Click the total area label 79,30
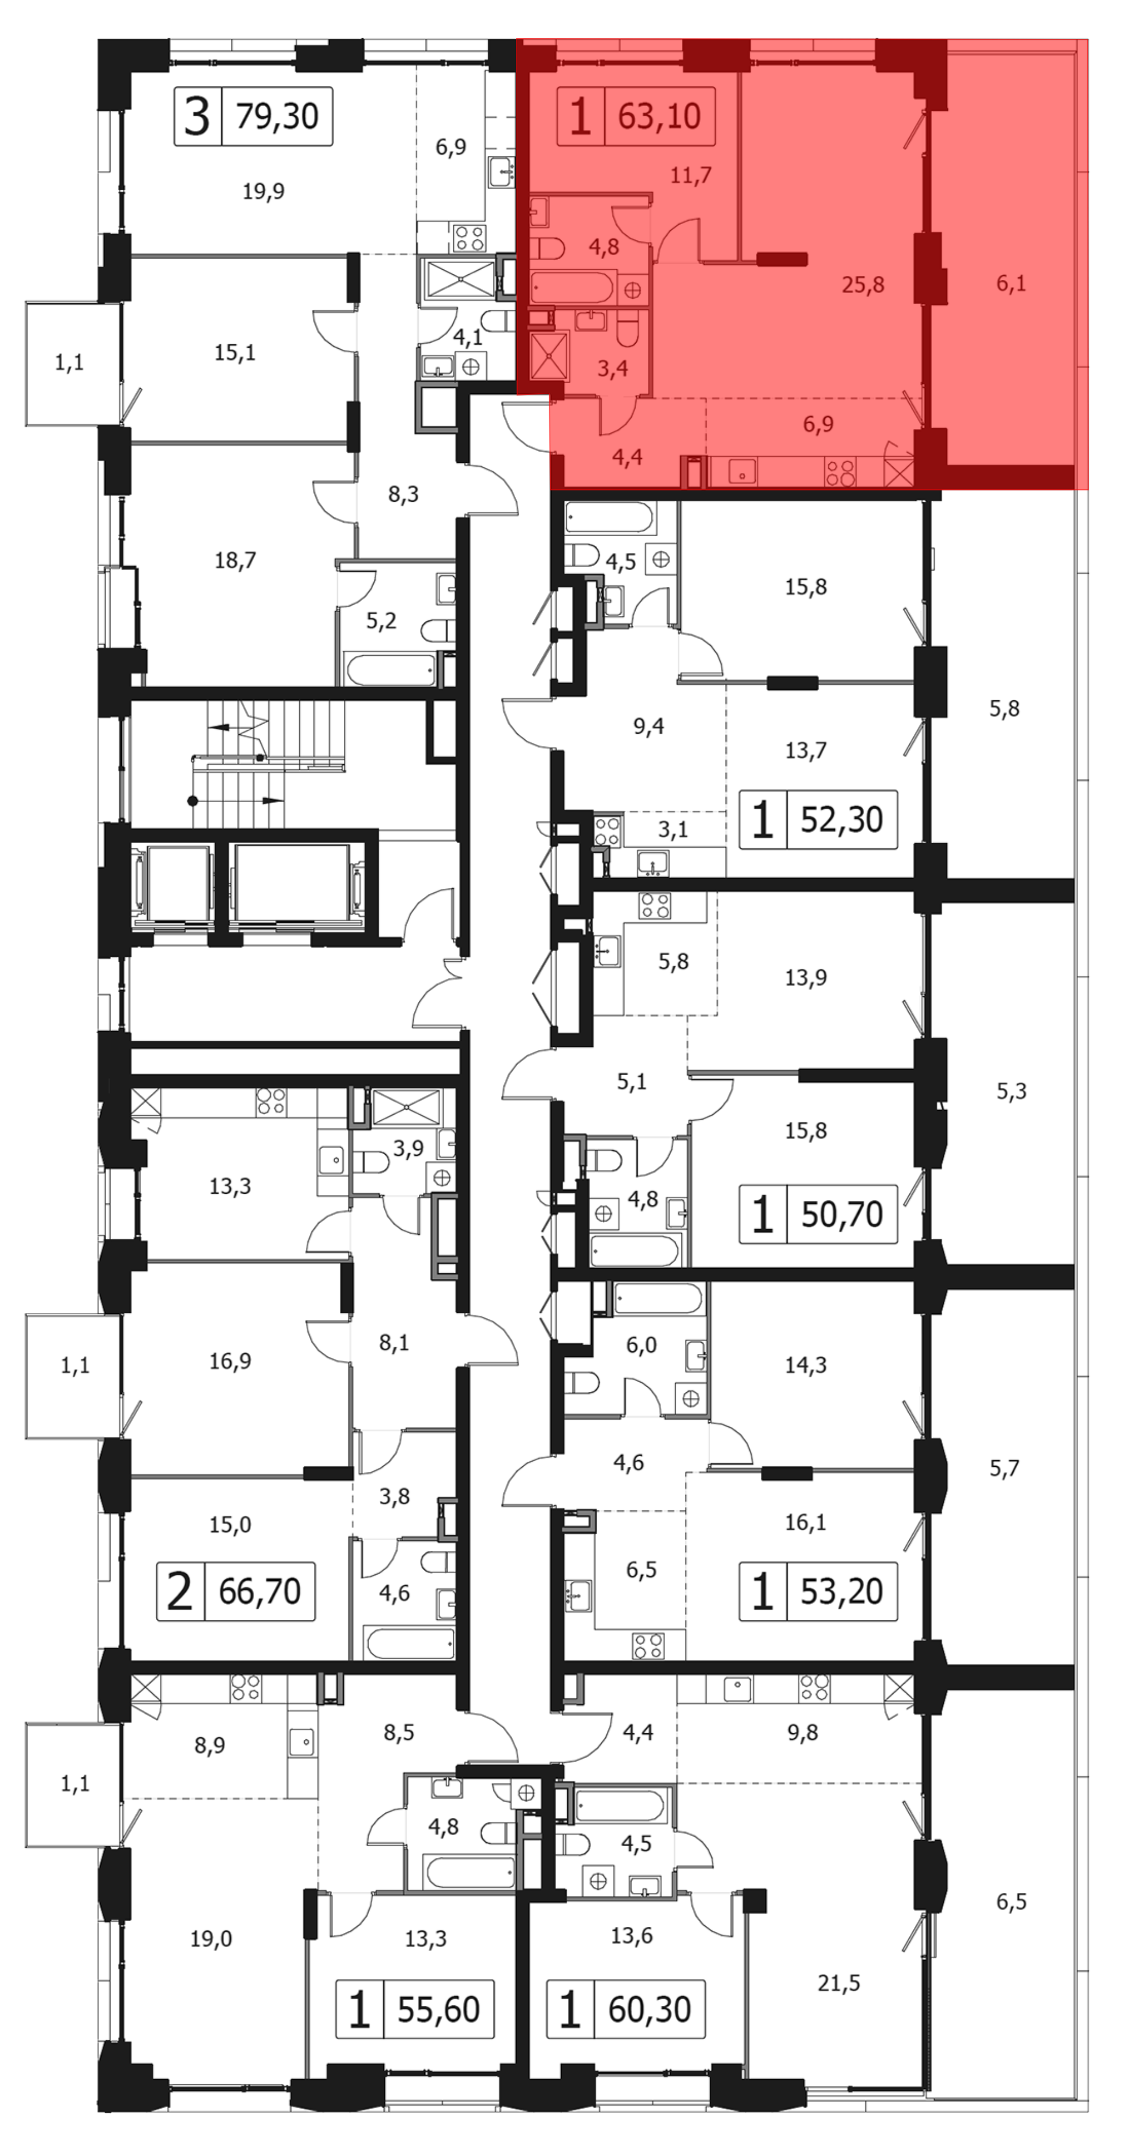[x=277, y=116]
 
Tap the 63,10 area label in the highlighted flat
[x=659, y=116]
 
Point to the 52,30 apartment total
[x=842, y=820]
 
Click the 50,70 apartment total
[x=842, y=1213]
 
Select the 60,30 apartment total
[x=649, y=2009]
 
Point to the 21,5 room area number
[x=839, y=1983]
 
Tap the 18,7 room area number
[x=235, y=560]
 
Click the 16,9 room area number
[x=230, y=1361]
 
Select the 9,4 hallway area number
[x=649, y=726]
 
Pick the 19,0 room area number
[x=211, y=1938]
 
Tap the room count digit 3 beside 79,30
[x=196, y=116]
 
